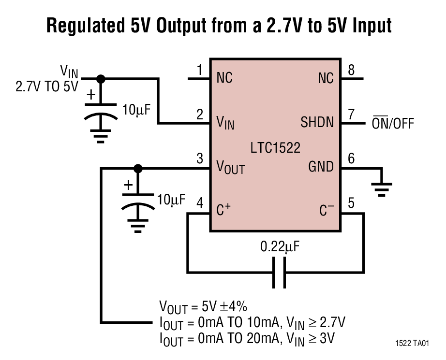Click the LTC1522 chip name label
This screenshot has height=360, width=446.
tap(275, 147)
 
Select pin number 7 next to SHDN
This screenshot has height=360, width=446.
tap(352, 115)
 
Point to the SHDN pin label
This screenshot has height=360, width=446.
tap(317, 122)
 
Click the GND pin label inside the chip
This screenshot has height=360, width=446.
tap(321, 167)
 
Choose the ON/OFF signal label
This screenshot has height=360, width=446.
tap(392, 123)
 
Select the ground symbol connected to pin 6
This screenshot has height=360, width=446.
tap(382, 188)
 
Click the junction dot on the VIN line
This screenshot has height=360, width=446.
tap(101, 78)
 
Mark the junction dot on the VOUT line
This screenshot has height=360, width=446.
tap(138, 168)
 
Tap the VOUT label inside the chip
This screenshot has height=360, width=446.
tap(230, 168)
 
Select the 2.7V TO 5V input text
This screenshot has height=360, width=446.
tap(46, 87)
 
